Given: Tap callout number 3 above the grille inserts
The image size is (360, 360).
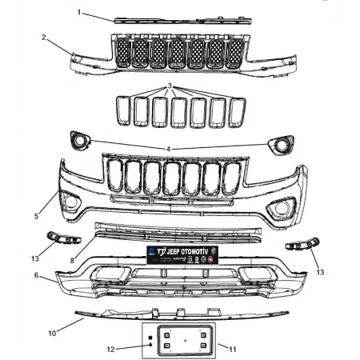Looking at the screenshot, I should (170, 85).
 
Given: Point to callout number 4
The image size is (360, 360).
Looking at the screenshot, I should (169, 149).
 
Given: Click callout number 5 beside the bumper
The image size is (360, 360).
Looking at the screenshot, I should (36, 216).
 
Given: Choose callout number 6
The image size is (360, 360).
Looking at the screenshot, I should (36, 274).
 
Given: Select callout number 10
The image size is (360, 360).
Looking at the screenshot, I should (52, 332).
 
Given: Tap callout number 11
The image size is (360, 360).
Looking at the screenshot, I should (233, 349).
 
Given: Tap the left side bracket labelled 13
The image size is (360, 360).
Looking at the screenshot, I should (59, 238).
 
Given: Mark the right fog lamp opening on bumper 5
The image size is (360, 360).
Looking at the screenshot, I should (282, 210).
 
